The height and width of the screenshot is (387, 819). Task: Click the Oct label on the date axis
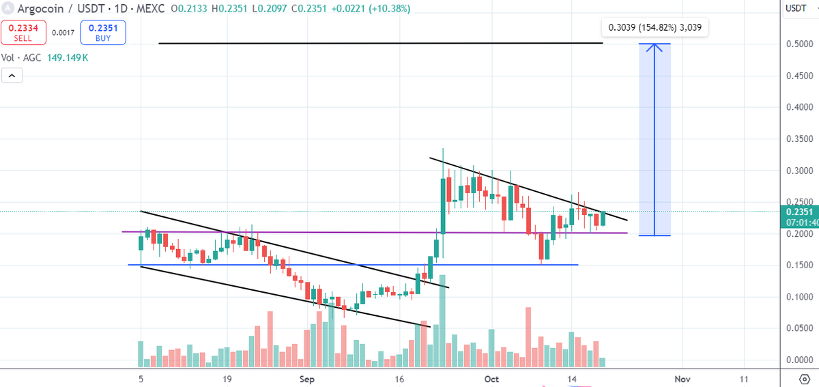(x=491, y=378)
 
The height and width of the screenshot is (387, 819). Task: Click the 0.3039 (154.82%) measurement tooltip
(x=655, y=28)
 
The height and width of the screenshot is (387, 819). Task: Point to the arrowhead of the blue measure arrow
(x=655, y=46)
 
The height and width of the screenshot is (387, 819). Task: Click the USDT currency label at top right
(x=796, y=8)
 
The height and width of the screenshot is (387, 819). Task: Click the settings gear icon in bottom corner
(x=803, y=378)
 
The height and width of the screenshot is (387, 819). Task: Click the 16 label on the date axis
(x=400, y=378)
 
